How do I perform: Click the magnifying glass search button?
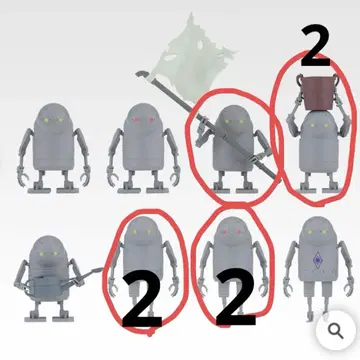pyautogui.click(x=335, y=330)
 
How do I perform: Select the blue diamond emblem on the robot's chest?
pyautogui.click(x=317, y=260)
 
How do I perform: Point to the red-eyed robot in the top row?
pyautogui.click(x=143, y=148)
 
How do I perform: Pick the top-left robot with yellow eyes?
pyautogui.click(x=53, y=148)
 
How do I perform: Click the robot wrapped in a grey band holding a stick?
pyautogui.click(x=50, y=278)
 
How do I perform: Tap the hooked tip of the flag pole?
pyautogui.click(x=139, y=73)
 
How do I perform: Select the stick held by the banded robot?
pyautogui.click(x=90, y=275)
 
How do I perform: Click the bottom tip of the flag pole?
pyautogui.click(x=275, y=176)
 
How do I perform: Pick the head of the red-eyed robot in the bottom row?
pyautogui.click(x=232, y=231)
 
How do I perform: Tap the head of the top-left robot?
pyautogui.click(x=53, y=118)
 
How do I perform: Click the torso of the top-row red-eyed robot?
pyautogui.click(x=143, y=150)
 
